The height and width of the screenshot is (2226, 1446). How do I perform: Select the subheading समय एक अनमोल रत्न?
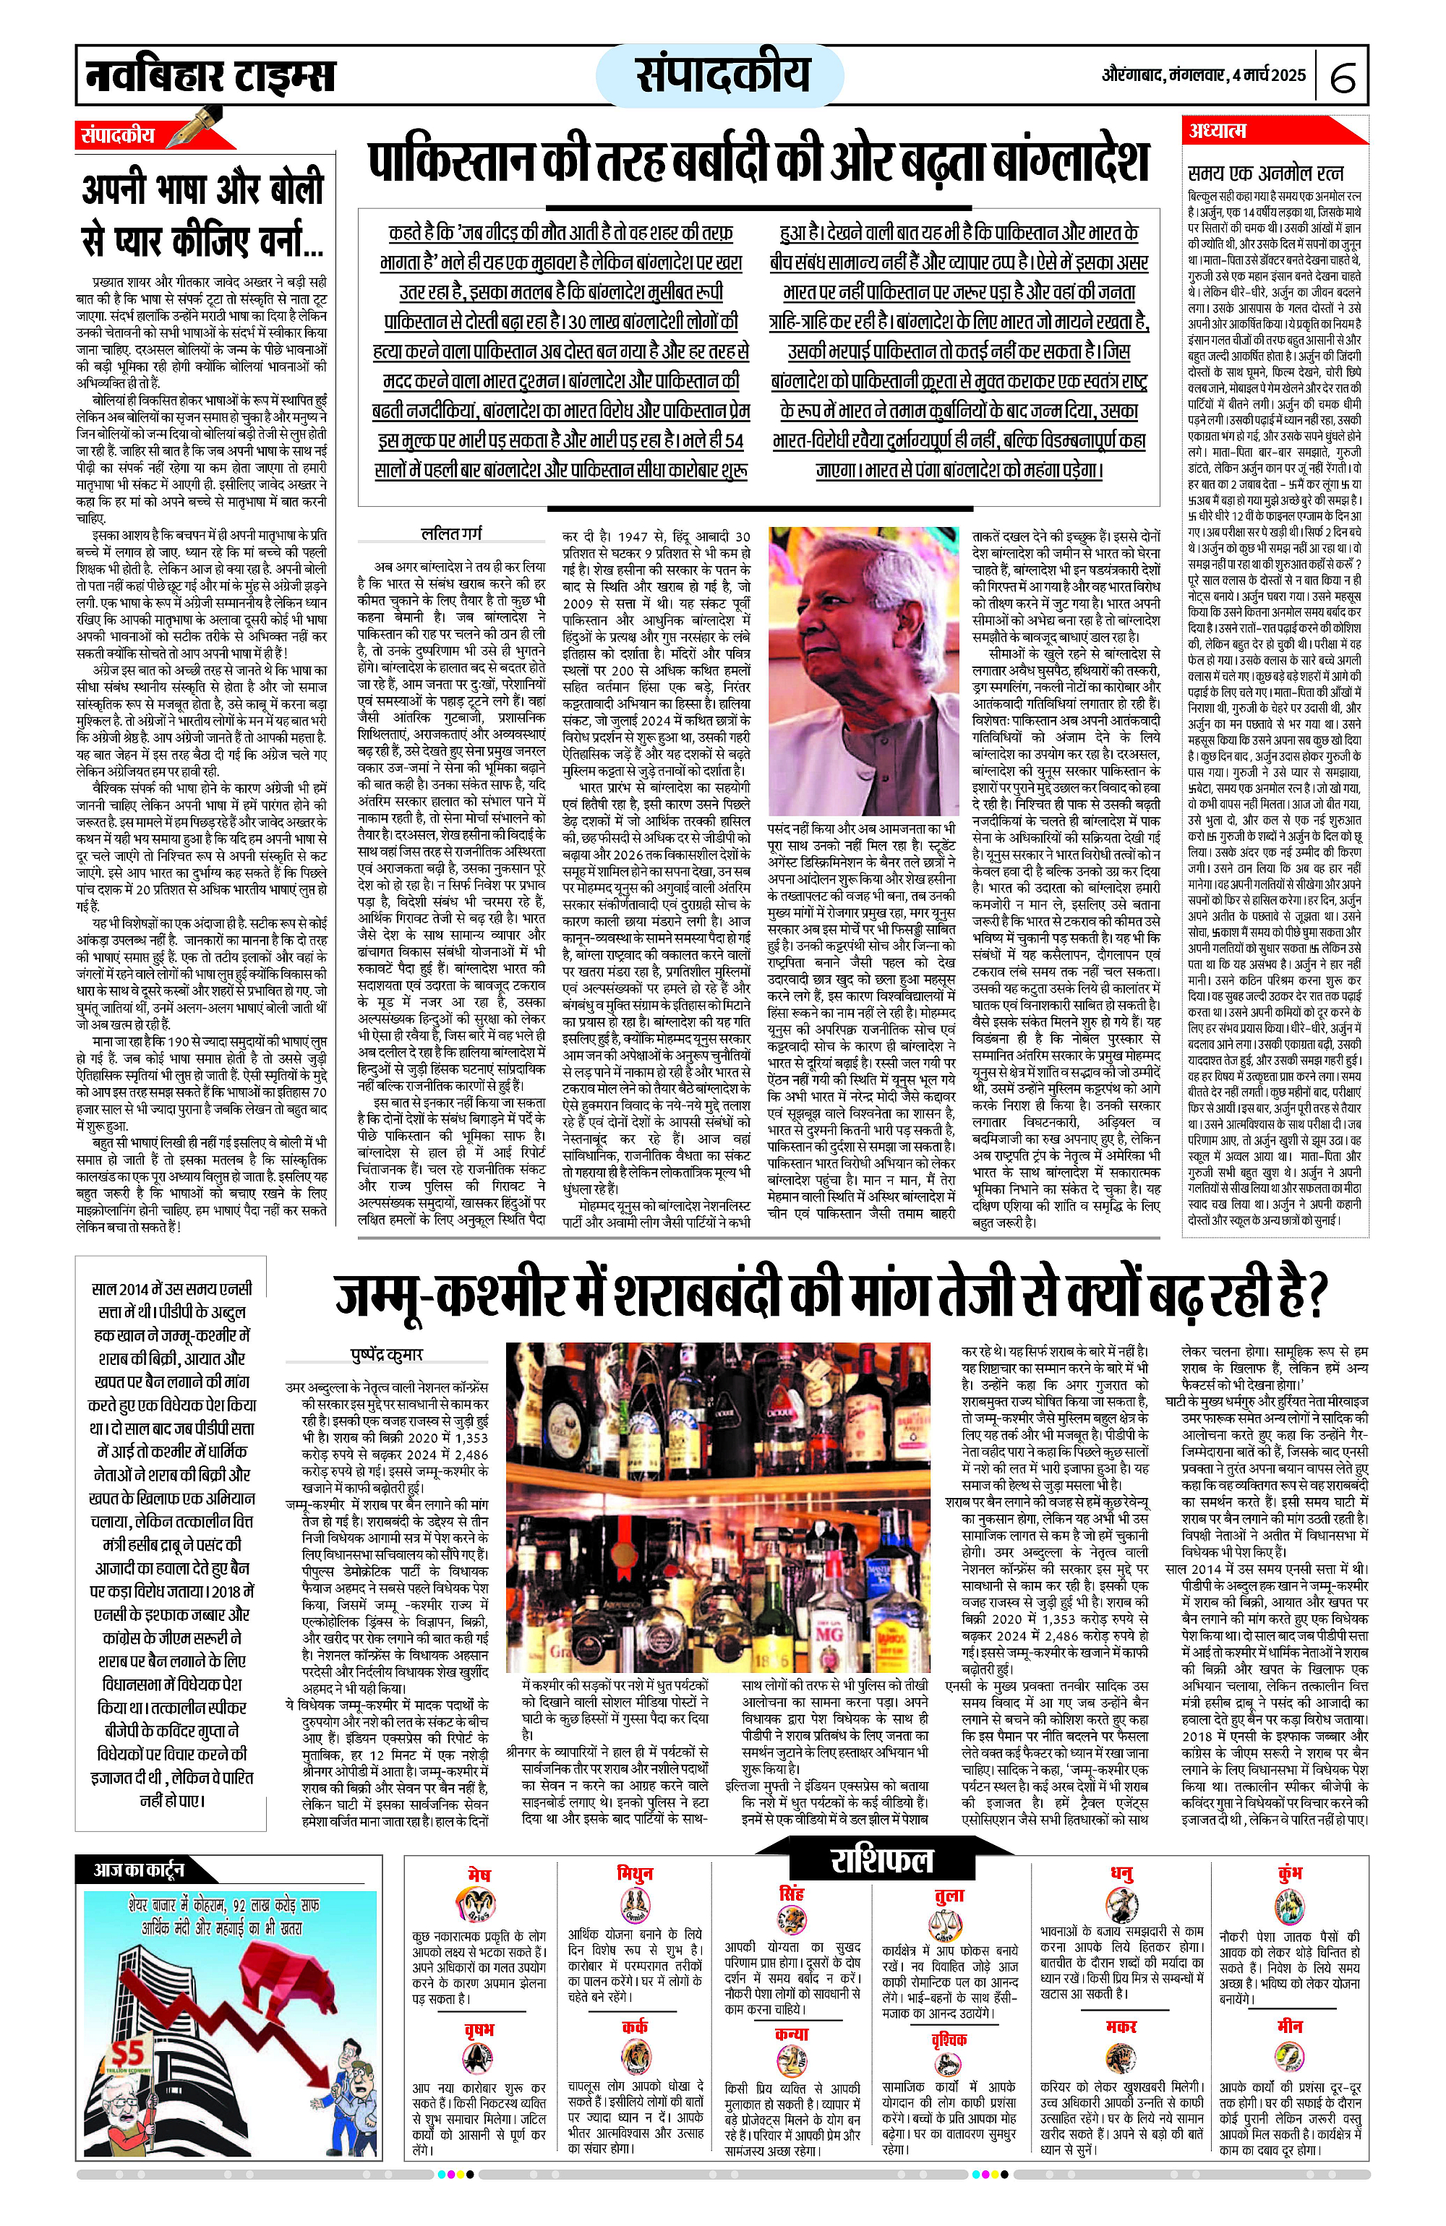(x=1265, y=174)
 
